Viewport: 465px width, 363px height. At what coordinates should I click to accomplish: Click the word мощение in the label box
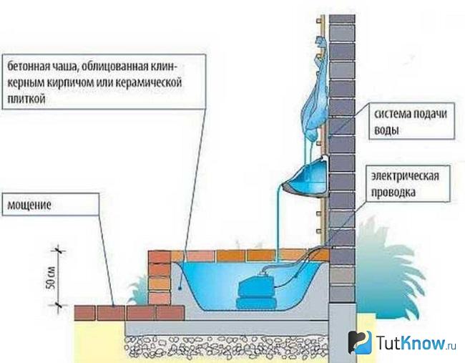click(x=29, y=205)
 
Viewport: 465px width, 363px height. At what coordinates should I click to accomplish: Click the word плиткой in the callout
click(x=26, y=98)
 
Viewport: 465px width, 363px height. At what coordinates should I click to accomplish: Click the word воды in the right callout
click(x=386, y=130)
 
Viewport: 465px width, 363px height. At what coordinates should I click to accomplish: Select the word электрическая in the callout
click(x=405, y=176)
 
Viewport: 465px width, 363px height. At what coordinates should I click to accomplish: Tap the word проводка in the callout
click(x=393, y=193)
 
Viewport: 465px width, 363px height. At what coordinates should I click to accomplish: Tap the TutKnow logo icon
click(x=360, y=342)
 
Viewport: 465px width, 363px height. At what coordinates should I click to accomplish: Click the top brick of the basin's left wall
click(x=160, y=257)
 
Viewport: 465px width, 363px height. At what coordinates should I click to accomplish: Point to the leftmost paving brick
click(x=84, y=313)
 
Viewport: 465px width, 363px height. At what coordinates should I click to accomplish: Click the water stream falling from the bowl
click(x=278, y=223)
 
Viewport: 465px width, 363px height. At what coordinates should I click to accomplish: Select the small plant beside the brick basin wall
click(x=139, y=291)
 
